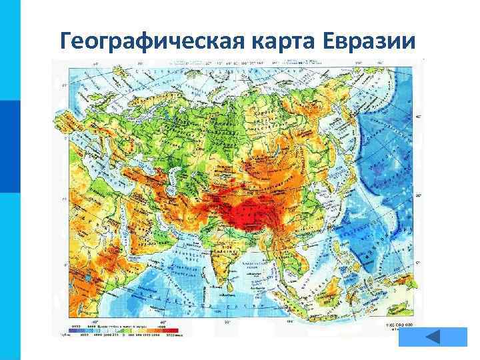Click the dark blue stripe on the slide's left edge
point(10,147)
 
